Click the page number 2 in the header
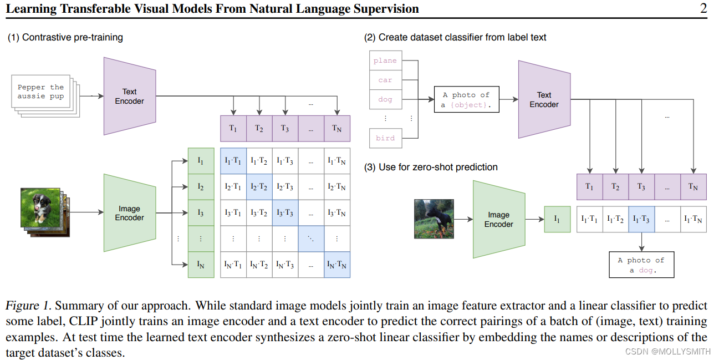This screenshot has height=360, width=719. click(x=703, y=8)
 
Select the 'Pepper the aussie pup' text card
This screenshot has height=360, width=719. click(x=40, y=92)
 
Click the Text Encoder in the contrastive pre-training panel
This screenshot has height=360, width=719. click(x=129, y=96)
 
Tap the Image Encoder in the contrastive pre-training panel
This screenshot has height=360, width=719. click(x=129, y=213)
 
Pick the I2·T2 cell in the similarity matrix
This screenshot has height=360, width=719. click(x=259, y=187)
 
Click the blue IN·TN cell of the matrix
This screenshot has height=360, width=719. click(x=337, y=265)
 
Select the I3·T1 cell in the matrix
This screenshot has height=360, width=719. click(x=233, y=213)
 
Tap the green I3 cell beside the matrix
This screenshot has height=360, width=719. click(x=201, y=213)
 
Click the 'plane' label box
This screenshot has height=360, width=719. click(x=385, y=60)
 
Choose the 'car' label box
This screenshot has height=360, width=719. click(x=385, y=80)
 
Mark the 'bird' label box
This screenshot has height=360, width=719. click(x=385, y=138)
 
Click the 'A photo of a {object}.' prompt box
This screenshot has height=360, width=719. click(x=466, y=100)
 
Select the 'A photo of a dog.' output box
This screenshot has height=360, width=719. click(x=641, y=265)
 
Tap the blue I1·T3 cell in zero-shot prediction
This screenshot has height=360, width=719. click(x=641, y=220)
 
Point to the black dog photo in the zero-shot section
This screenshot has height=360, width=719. click(x=434, y=219)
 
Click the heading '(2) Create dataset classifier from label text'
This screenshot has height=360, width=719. click(x=455, y=38)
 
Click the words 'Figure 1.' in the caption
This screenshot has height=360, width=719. click(x=28, y=306)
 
